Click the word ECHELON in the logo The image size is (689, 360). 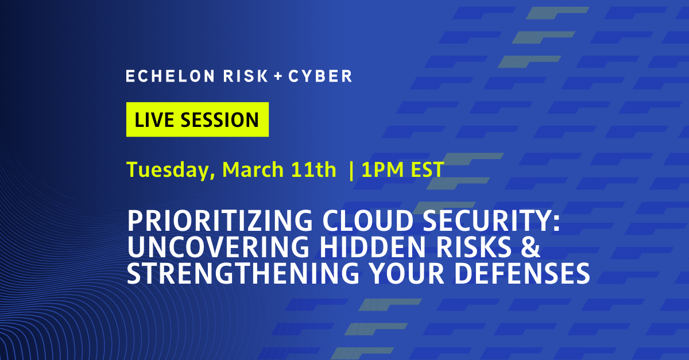pyautogui.click(x=162, y=76)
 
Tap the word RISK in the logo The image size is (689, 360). pyautogui.click(x=237, y=76)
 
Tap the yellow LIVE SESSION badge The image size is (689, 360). pyautogui.click(x=197, y=119)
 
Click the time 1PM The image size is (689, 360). pyautogui.click(x=380, y=170)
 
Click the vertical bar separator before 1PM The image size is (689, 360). pyautogui.click(x=351, y=170)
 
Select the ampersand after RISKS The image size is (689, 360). pyautogui.click(x=533, y=247)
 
